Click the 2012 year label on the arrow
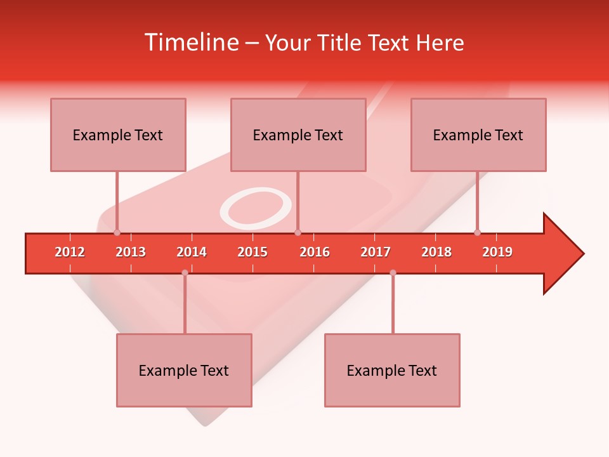(70, 252)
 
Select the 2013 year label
(131, 252)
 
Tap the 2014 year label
(192, 252)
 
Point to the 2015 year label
(252, 252)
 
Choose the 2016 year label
(315, 252)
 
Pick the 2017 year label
(376, 252)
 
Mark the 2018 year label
(436, 252)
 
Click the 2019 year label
(497, 252)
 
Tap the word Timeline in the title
(190, 43)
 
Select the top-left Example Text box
(118, 135)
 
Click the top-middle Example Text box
(298, 135)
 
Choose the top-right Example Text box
(478, 135)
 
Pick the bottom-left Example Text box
(184, 370)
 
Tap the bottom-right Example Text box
(392, 370)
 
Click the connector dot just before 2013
(117, 233)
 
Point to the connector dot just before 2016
(298, 233)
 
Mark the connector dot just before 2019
(477, 233)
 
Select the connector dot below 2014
(185, 273)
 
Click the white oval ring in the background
(256, 208)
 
